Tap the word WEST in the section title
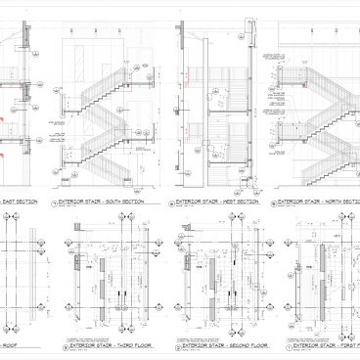point(229,202)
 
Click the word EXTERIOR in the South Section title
point(70,202)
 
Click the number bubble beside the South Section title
point(54,203)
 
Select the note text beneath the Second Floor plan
point(205,336)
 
